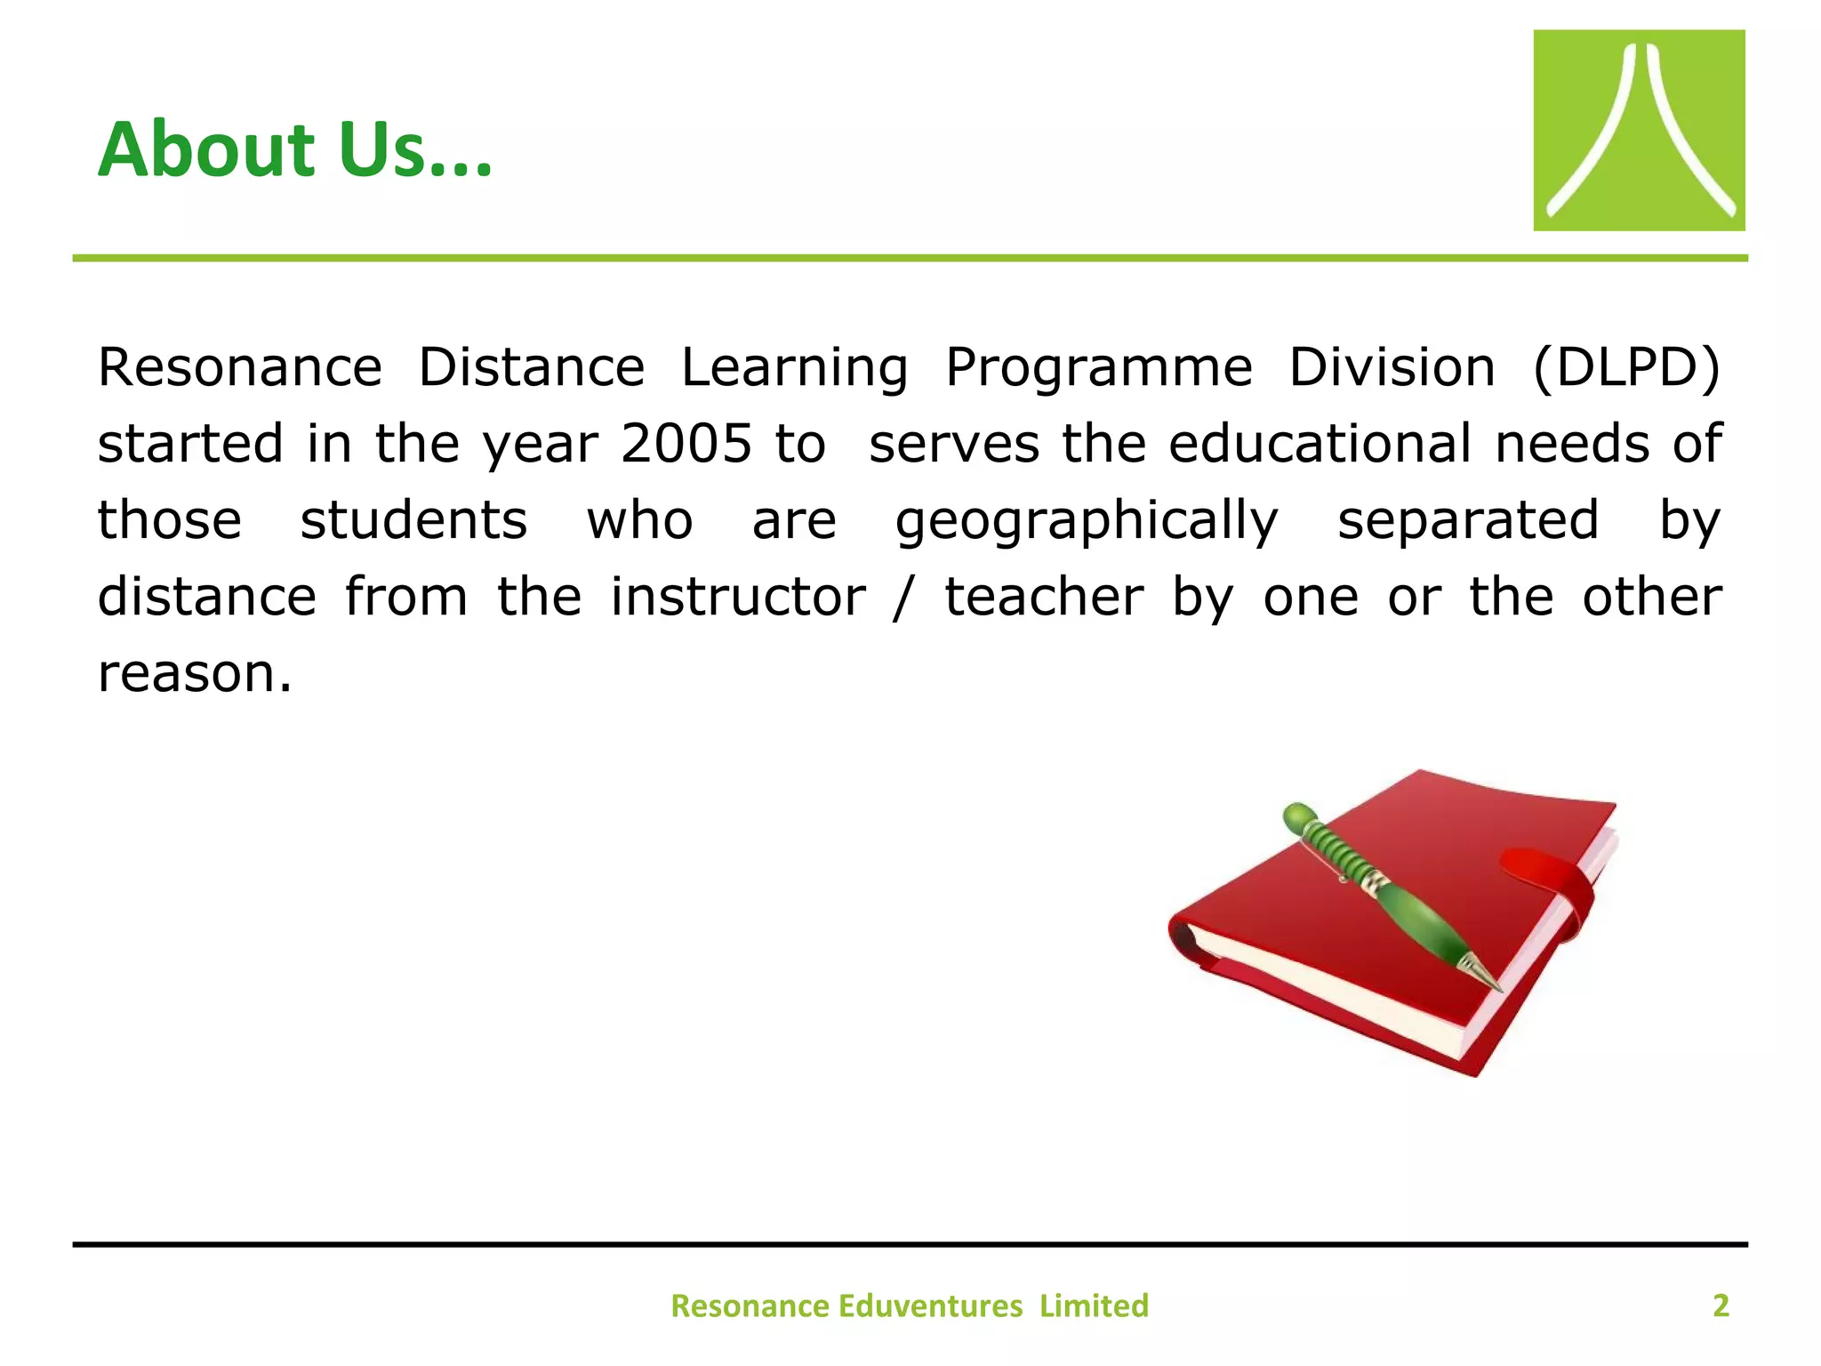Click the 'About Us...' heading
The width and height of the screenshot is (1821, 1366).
[x=294, y=149]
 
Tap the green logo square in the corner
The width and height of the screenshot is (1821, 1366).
[x=1638, y=131]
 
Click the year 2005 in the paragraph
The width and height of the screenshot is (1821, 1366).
[x=686, y=444]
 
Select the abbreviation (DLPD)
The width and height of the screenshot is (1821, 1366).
[x=1626, y=367]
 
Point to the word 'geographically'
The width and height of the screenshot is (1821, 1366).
[x=1086, y=521]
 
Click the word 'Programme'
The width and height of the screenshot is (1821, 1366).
[x=1098, y=367]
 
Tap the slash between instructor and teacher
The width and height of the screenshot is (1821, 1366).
[x=902, y=597]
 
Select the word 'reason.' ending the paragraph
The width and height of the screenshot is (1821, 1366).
[x=195, y=673]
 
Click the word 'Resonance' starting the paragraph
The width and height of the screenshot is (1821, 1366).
[x=239, y=367]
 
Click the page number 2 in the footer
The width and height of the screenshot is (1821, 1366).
[x=1721, y=1306]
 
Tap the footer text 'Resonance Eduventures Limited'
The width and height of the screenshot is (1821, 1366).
[x=909, y=1306]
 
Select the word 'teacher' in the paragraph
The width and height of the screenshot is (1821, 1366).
[x=1043, y=597]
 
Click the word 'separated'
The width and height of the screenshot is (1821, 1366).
[x=1468, y=520]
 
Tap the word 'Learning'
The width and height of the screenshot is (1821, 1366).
[x=794, y=367]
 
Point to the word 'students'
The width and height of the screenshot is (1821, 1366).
[x=413, y=520]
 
